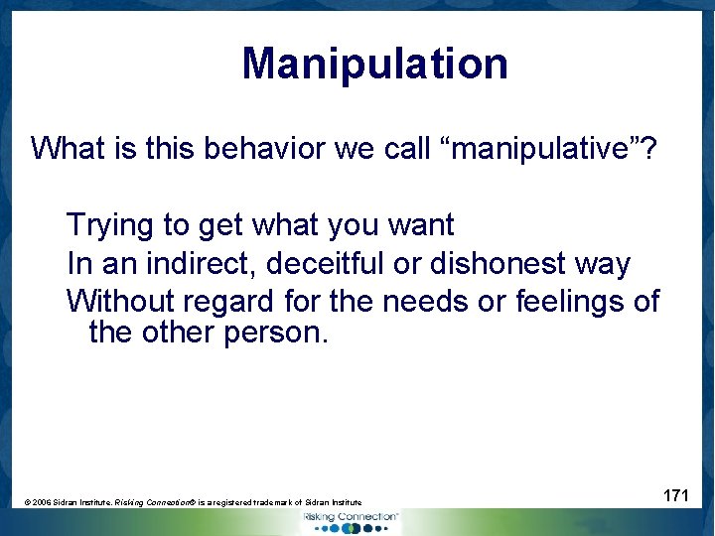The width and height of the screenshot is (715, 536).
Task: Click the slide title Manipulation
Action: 374,64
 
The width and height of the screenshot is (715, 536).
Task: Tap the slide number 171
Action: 675,495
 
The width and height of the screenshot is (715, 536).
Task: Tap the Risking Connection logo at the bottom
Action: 350,520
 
